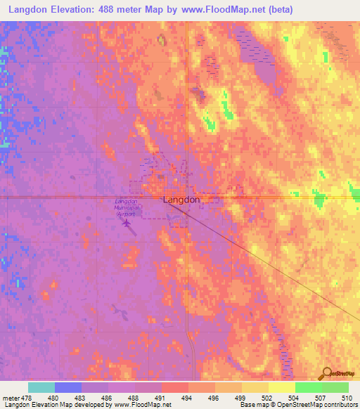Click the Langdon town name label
(181, 200)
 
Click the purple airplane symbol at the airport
(127, 225)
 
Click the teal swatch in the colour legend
(41, 387)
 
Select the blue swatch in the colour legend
(68, 387)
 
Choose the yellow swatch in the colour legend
(282, 387)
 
